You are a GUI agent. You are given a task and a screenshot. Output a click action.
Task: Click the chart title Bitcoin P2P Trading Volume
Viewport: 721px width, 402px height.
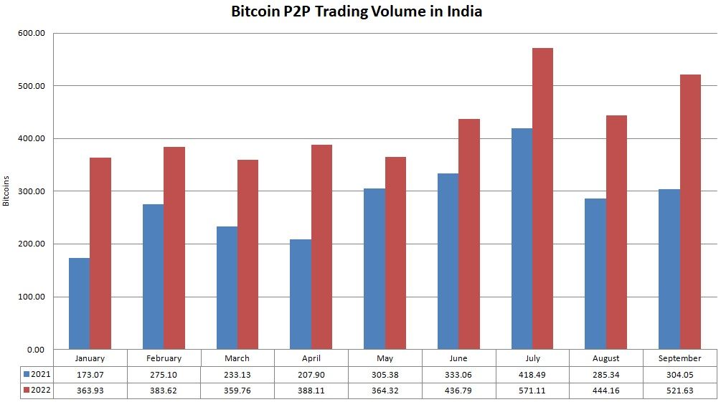coord(356,12)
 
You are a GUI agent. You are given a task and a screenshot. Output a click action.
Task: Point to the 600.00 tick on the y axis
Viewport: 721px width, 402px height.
coord(31,33)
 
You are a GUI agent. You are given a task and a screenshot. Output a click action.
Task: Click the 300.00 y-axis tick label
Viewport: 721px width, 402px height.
coord(31,191)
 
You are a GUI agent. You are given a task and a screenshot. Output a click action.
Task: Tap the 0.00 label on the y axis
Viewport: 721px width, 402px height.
coord(35,349)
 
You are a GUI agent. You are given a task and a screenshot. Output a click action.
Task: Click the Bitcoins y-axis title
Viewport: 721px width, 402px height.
coord(6,191)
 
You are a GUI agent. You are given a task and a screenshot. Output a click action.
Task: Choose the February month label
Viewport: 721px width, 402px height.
coord(164,358)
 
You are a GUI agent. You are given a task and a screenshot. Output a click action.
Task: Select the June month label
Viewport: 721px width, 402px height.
coord(458,358)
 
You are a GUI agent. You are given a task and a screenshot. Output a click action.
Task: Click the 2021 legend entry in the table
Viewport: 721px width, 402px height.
coord(37,374)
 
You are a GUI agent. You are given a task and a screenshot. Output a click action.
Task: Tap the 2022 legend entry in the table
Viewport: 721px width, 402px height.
coord(37,390)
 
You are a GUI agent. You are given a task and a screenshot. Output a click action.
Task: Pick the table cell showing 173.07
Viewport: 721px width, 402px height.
coord(90,374)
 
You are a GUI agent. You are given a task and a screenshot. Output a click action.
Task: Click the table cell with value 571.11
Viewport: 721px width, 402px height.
coord(532,390)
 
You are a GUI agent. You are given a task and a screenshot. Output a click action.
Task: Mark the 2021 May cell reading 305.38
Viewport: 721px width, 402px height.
coord(385,374)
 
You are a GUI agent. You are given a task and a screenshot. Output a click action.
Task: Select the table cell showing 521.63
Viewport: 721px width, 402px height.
coord(679,390)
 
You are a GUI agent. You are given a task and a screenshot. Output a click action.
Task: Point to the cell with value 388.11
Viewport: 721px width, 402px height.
coord(311,390)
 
